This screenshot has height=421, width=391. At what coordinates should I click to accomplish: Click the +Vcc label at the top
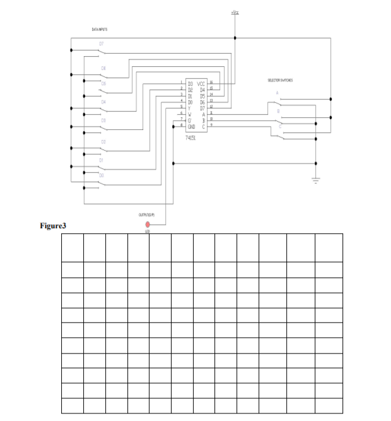[235, 13]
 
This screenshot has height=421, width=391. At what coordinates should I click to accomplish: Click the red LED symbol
[148, 224]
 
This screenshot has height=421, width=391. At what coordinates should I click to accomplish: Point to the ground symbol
[316, 179]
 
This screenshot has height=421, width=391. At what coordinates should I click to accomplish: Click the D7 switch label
[101, 43]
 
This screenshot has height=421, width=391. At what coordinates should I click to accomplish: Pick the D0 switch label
[101, 176]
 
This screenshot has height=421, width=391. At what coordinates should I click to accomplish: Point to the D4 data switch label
[103, 101]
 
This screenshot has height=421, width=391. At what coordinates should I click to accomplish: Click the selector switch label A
[276, 93]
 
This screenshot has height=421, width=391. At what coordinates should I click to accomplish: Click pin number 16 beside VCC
[211, 83]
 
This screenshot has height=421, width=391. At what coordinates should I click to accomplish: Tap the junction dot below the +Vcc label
[235, 38]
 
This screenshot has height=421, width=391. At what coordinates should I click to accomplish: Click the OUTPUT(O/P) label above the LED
[147, 214]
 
